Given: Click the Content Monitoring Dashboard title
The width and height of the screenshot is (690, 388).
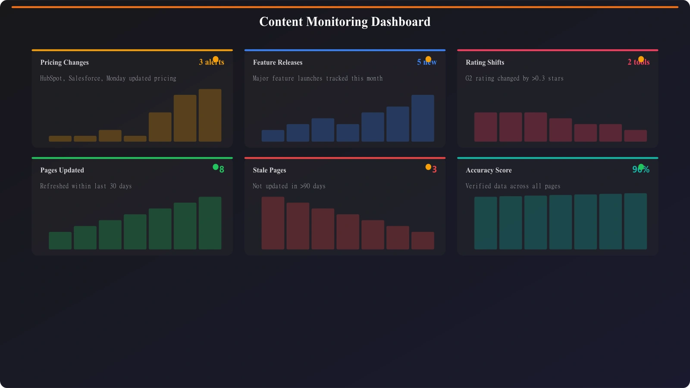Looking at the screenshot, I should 345,22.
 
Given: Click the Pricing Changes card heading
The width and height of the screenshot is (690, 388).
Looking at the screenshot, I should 64,63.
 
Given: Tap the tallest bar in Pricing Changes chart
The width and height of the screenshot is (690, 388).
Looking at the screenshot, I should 210,115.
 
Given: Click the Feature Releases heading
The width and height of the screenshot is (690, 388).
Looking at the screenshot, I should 277,63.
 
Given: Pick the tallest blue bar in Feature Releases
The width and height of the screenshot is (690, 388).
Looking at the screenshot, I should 423,118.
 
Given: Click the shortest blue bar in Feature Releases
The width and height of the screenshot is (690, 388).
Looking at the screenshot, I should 273,136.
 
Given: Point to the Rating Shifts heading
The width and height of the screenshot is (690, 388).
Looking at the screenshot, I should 485,63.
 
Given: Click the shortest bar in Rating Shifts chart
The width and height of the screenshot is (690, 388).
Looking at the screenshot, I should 635,136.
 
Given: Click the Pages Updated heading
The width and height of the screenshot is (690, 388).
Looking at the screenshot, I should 62,170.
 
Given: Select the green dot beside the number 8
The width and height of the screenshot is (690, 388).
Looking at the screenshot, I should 216,167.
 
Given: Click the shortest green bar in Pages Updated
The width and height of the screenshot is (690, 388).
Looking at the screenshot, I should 60,241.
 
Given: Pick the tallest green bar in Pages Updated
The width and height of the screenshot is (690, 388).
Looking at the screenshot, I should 210,223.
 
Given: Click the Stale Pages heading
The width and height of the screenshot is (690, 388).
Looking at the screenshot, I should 269,170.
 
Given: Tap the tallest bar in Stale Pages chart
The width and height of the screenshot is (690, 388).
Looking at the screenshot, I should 273,223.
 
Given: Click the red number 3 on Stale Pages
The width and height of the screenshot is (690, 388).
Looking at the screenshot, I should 434,170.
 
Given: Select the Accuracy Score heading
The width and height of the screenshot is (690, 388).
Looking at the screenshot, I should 489,170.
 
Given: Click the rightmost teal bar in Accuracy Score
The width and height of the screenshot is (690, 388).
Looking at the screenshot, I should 635,221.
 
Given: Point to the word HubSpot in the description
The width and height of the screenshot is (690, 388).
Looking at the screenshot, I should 51,78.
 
